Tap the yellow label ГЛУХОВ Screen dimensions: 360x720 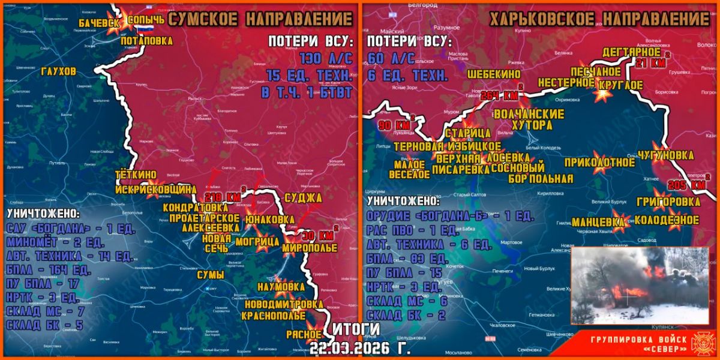point(59,71)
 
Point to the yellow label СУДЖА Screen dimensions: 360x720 point(303,197)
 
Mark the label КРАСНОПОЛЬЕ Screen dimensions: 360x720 point(284,316)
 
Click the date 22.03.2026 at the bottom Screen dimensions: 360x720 point(360,348)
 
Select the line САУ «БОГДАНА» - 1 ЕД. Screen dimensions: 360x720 point(71,229)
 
